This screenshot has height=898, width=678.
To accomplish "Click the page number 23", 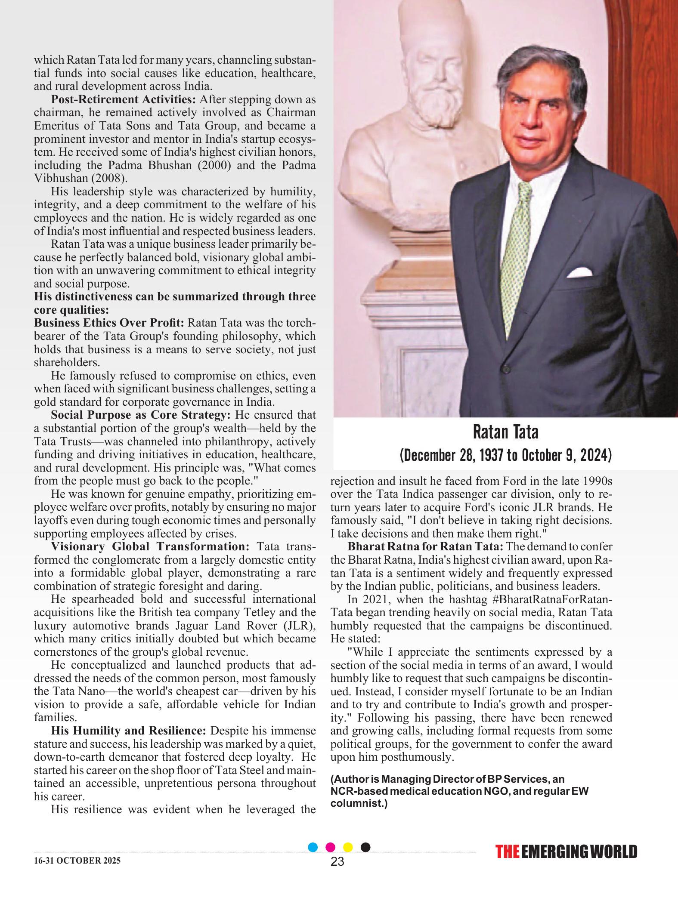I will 337,861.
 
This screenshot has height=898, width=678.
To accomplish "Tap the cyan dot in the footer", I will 313,847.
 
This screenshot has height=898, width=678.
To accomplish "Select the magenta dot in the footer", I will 331,847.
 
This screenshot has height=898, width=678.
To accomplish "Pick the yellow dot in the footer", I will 348,847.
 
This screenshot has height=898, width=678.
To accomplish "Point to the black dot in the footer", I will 365,847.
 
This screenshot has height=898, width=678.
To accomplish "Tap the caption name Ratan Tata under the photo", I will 505,432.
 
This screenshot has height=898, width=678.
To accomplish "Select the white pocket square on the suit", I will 579,272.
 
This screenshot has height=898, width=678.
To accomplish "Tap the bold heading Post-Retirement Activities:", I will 124,99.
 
